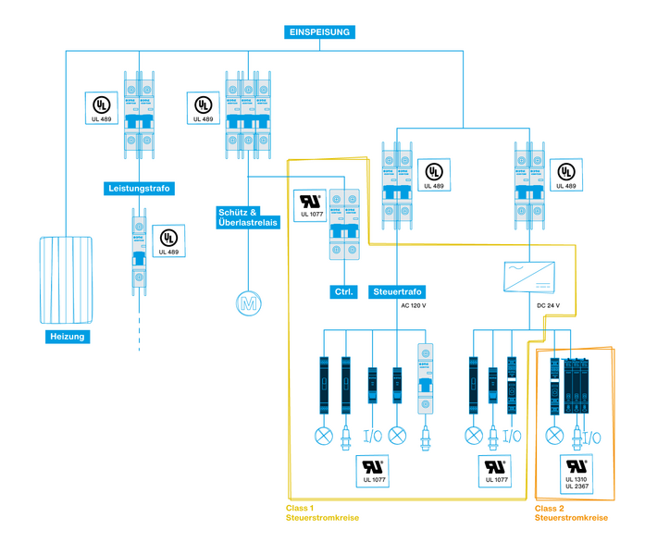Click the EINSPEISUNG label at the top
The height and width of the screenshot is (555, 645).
(319, 31)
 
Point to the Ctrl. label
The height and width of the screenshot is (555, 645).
(344, 293)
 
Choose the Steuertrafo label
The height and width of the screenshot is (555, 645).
(396, 292)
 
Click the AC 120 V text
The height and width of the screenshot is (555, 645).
(413, 305)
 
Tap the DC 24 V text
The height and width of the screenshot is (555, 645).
(548, 305)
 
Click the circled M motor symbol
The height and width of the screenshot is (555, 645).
(247, 302)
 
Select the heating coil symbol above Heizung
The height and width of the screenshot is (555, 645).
(68, 277)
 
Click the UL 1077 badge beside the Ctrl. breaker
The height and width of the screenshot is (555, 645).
(311, 204)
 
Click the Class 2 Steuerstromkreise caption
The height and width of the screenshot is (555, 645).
(571, 513)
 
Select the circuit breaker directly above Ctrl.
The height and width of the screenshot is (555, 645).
(344, 231)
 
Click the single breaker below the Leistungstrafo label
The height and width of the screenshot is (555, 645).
(138, 249)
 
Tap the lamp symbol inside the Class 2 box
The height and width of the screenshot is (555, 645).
(555, 435)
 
